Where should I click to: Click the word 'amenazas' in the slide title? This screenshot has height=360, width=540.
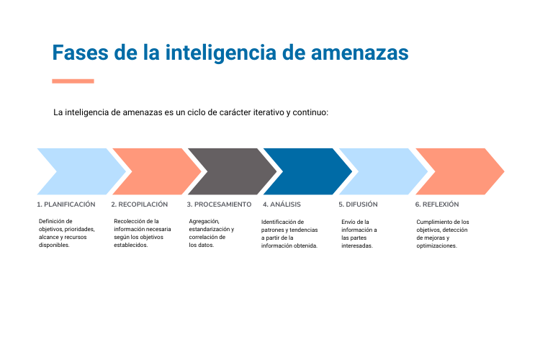[359, 53]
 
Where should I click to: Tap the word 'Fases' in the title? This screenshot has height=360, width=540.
[80, 53]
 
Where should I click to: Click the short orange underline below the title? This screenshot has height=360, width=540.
[73, 81]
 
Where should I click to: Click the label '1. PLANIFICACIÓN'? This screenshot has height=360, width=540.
[66, 204]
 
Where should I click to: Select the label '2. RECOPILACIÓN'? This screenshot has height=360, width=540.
[140, 204]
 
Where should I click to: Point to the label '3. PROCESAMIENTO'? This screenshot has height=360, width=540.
[219, 204]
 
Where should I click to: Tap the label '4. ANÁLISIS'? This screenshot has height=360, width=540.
[282, 204]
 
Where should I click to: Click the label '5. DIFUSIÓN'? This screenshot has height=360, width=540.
[358, 204]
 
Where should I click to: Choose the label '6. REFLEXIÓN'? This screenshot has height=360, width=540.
[437, 204]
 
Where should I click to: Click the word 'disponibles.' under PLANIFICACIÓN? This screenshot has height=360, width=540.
[54, 246]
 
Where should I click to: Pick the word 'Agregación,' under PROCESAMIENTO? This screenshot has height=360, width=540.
[204, 222]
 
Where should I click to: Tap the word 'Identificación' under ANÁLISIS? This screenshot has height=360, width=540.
[282, 222]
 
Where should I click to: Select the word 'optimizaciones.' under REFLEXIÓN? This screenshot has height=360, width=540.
[437, 246]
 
